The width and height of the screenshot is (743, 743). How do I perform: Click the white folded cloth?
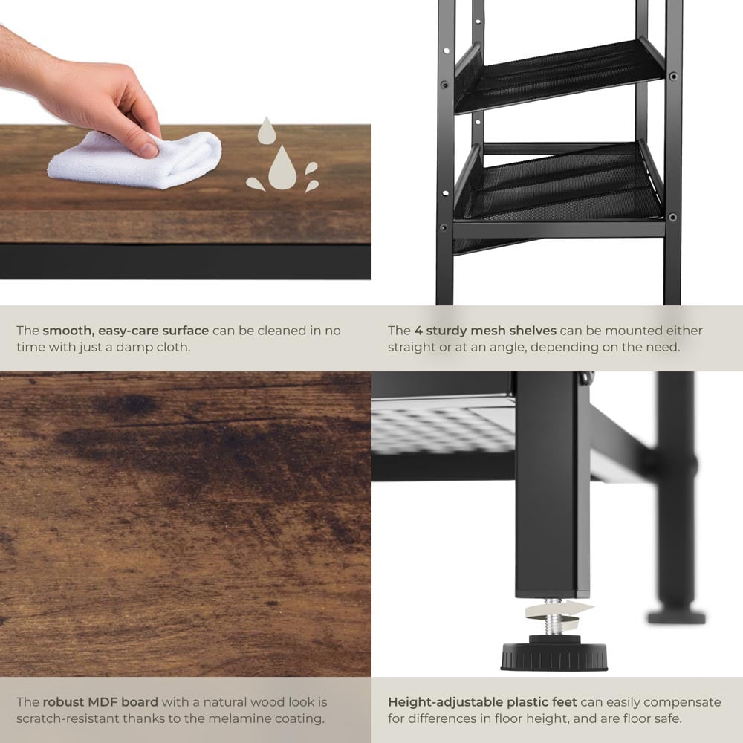135,160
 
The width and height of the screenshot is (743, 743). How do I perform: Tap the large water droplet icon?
282,167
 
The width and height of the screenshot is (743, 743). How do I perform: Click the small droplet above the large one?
267,130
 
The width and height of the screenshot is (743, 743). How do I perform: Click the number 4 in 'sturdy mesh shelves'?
418,331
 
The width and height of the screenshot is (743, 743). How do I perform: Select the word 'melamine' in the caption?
239,718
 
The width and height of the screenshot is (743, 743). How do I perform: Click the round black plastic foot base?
554,655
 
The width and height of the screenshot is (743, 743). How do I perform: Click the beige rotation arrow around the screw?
557,615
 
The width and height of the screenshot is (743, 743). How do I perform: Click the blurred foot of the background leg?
676,616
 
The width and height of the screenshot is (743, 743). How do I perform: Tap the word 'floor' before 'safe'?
639,718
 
